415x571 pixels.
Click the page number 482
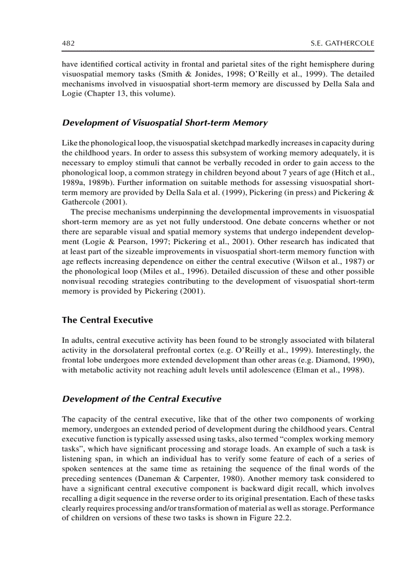pyautogui.click(x=68, y=44)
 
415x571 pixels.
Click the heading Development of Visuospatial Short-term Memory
pyautogui.click(x=164, y=123)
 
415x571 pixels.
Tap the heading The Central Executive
pyautogui.click(x=107, y=320)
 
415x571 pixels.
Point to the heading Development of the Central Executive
pyautogui.click(x=141, y=399)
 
